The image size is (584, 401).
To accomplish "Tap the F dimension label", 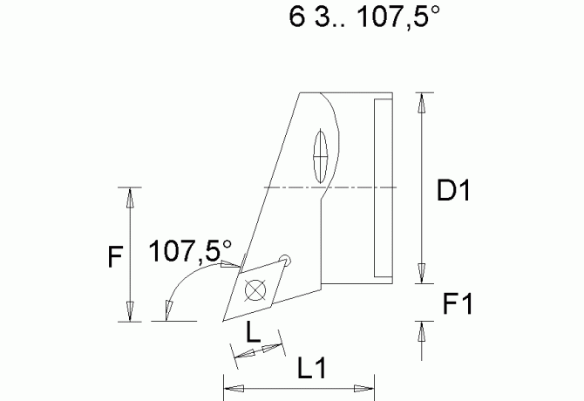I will (x=113, y=256).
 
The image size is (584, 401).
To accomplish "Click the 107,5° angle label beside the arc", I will (x=190, y=252).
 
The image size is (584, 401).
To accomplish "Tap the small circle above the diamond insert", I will (x=284, y=259).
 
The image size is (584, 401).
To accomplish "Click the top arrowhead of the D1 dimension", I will (x=423, y=102).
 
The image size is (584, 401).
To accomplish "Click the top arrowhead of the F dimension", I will (x=129, y=197).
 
